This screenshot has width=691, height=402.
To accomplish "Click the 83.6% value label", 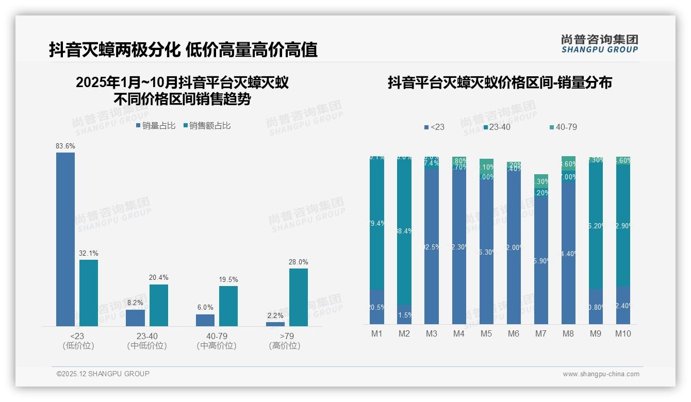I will pyautogui.click(x=65, y=146).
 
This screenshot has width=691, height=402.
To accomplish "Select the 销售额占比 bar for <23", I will pyautogui.click(x=89, y=293).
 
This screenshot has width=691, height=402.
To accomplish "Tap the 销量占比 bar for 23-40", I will pyautogui.click(x=135, y=317).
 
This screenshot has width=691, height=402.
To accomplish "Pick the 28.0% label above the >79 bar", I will pyautogui.click(x=298, y=262).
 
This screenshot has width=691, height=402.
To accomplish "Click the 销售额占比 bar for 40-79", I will pyautogui.click(x=228, y=306).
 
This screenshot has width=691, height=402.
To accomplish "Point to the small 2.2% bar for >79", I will pyautogui.click(x=275, y=324).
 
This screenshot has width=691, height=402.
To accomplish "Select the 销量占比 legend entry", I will pyautogui.click(x=156, y=126).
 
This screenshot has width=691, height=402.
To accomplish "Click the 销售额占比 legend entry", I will pyautogui.click(x=207, y=126).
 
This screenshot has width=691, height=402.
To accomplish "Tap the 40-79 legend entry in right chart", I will pyautogui.click(x=563, y=127).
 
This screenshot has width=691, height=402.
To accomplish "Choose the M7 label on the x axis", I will pyautogui.click(x=540, y=334).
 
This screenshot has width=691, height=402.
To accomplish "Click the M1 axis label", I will pyautogui.click(x=377, y=334).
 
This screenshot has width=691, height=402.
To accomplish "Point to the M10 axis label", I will pyautogui.click(x=623, y=334).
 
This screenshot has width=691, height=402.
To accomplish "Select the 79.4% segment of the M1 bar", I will pyautogui.click(x=377, y=223).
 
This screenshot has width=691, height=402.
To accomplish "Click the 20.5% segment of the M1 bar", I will pyautogui.click(x=377, y=307).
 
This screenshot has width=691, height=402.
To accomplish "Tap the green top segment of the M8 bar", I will pyautogui.click(x=568, y=163).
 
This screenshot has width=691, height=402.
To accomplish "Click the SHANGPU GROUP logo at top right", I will pyautogui.click(x=600, y=44).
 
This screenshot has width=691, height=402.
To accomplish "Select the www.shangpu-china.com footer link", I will pyautogui.click(x=601, y=374).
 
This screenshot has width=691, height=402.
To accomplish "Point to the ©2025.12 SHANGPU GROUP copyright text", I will pyautogui.click(x=103, y=374).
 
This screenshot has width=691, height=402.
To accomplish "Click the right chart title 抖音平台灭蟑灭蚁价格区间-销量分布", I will pyautogui.click(x=500, y=83).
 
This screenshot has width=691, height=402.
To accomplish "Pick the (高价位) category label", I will pyautogui.click(x=285, y=346).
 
